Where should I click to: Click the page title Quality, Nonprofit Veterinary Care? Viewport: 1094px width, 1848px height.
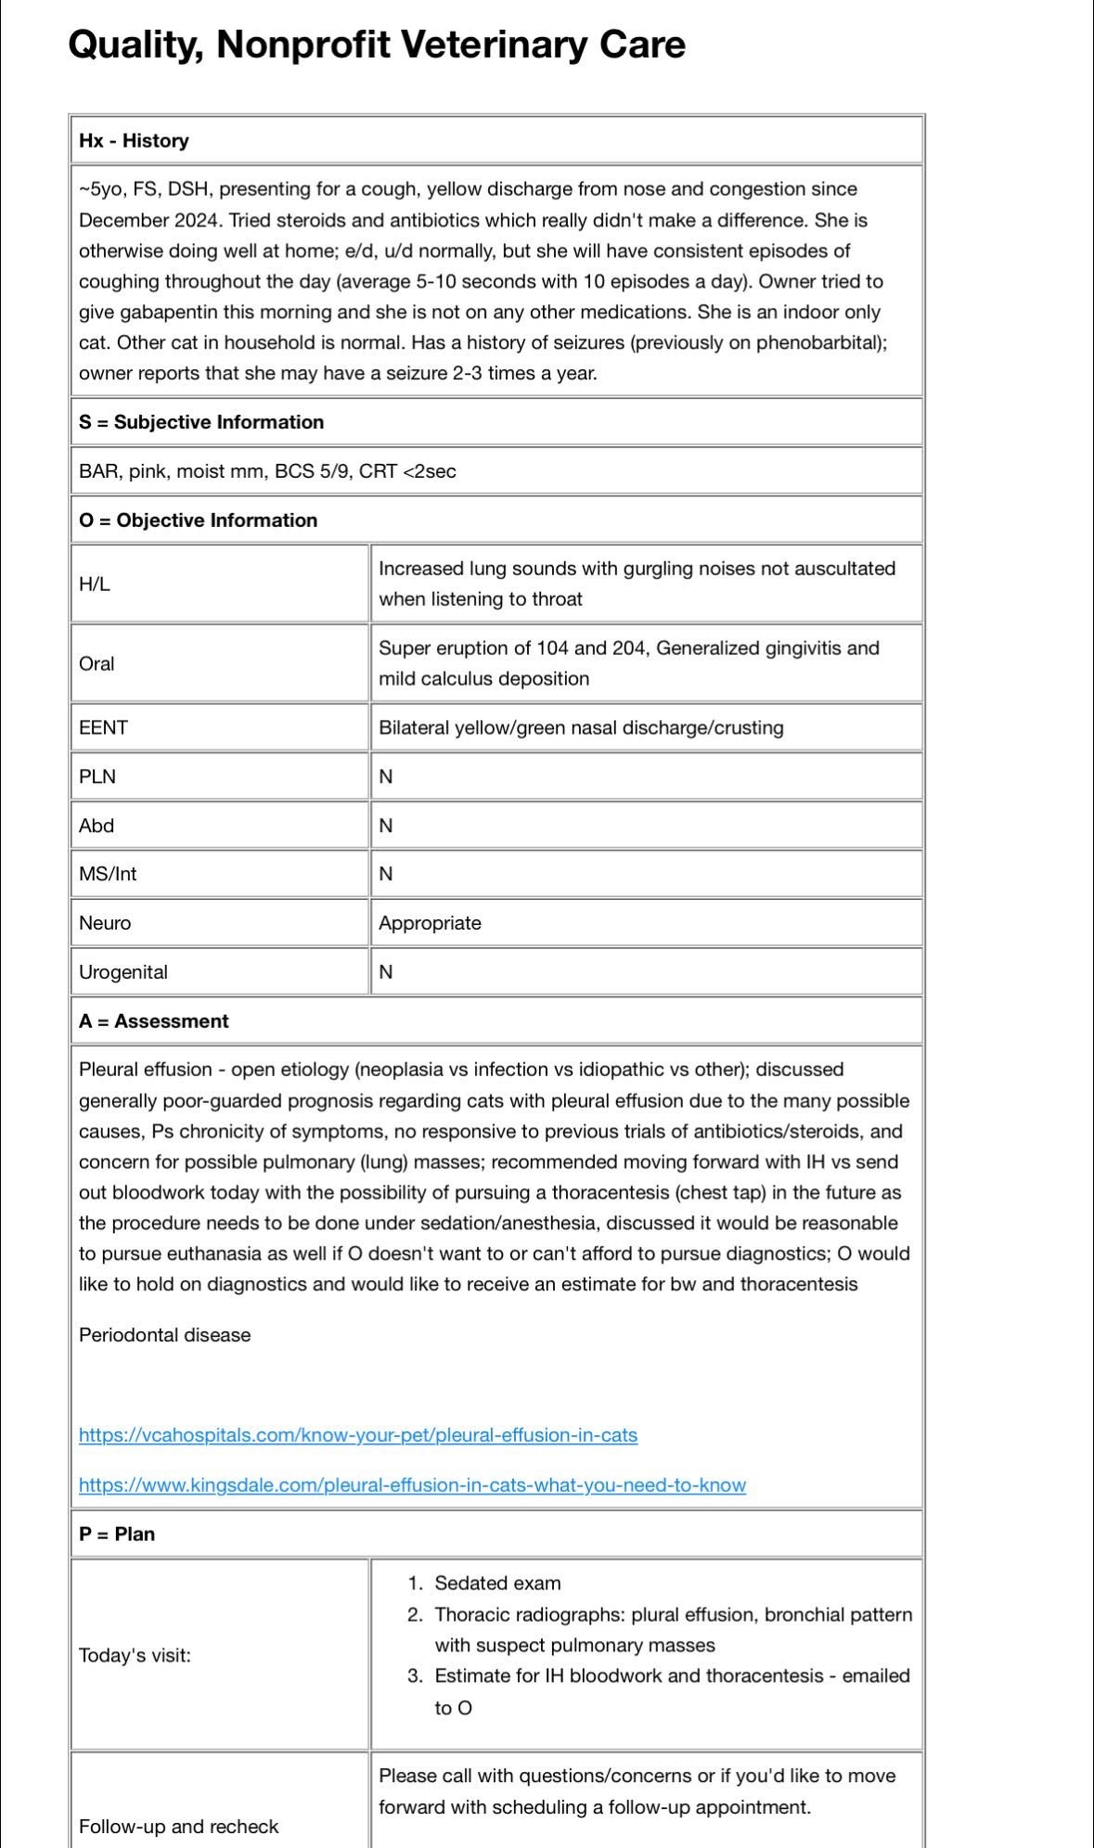tap(377, 45)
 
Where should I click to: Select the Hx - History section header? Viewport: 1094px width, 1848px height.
tap(134, 141)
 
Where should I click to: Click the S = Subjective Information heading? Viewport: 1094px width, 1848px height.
tap(201, 422)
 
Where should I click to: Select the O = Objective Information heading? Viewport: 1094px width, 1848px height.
tap(199, 520)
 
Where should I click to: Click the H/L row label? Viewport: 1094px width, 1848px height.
tap(95, 584)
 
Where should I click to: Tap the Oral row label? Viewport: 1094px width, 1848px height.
tap(97, 664)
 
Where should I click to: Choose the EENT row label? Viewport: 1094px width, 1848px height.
tap(103, 728)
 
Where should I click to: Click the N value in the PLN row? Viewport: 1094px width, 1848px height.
tap(386, 777)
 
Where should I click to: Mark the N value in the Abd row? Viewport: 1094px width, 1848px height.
tap(386, 826)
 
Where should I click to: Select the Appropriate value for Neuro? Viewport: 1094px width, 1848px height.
tap(430, 923)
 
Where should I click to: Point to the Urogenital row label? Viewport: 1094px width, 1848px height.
tap(123, 972)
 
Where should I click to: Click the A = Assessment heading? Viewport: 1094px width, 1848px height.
tap(154, 1021)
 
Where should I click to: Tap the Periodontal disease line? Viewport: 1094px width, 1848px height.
tap(165, 1335)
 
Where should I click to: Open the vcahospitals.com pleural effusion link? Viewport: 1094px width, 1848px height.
tap(358, 1435)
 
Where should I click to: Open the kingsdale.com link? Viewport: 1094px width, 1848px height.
tap(412, 1485)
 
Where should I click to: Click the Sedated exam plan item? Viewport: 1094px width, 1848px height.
tap(497, 1584)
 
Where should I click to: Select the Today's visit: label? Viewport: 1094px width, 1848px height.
tap(135, 1656)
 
